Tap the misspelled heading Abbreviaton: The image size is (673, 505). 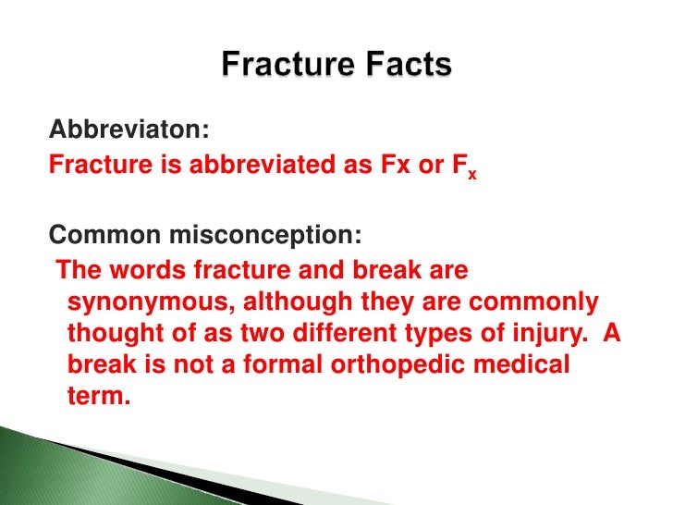coord(123,131)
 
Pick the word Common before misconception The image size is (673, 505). coord(101,235)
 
